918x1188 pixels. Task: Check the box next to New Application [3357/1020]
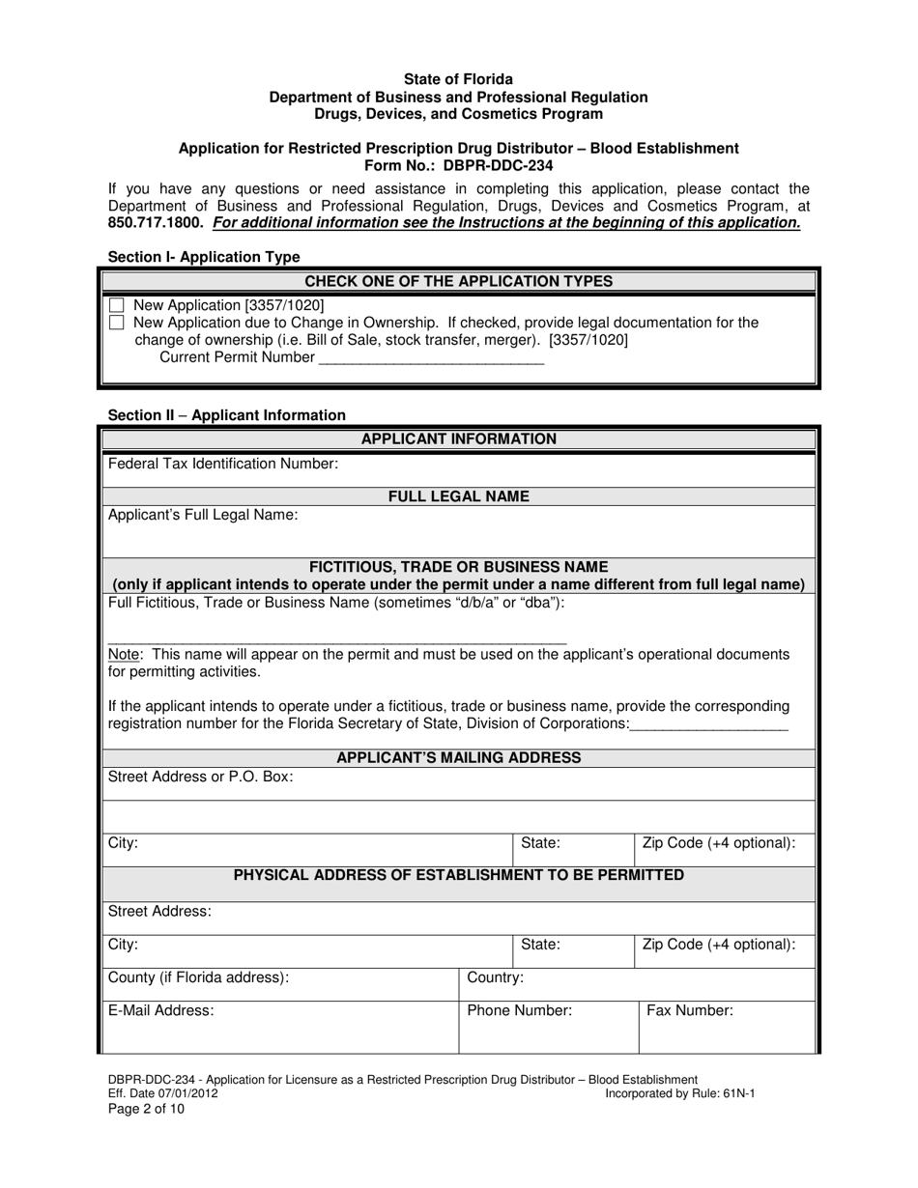(117, 305)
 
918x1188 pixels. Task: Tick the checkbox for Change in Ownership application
(117, 323)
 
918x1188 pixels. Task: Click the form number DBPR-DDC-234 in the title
(500, 165)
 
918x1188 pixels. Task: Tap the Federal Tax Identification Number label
(223, 464)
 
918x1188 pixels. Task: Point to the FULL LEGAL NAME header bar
(458, 496)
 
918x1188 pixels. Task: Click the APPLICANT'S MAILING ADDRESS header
(458, 757)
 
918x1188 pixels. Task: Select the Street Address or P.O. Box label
(201, 777)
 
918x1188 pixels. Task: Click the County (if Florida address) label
(198, 977)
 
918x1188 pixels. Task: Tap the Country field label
(495, 977)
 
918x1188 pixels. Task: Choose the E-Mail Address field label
(160, 1010)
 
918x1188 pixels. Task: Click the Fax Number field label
(690, 1010)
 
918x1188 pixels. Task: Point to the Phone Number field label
(519, 1010)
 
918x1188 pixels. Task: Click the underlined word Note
(126, 654)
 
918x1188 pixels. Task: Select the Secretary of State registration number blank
(708, 724)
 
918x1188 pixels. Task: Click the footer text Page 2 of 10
(146, 1109)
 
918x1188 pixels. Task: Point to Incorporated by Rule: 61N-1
(679, 1093)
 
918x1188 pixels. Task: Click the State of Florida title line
(458, 79)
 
